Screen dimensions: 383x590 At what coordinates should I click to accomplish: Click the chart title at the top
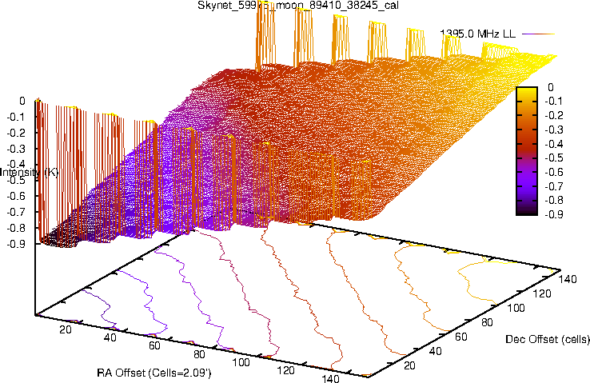295,6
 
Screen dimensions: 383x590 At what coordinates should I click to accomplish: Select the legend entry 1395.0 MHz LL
478,34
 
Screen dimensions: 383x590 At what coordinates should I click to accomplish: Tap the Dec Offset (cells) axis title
548,339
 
